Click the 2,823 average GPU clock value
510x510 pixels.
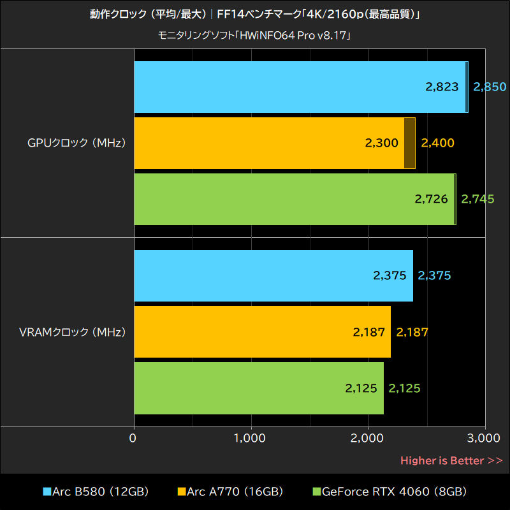[x=442, y=87]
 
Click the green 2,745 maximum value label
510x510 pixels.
[x=477, y=200]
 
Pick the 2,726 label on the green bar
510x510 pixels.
[x=431, y=200]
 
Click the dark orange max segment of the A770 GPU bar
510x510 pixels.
[x=409, y=143]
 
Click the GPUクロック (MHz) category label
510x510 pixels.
[x=76, y=143]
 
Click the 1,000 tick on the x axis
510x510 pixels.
[x=251, y=438]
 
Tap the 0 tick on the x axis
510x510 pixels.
[x=133, y=438]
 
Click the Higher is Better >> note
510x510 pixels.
[x=451, y=460]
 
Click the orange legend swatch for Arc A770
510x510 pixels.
[x=182, y=492]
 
